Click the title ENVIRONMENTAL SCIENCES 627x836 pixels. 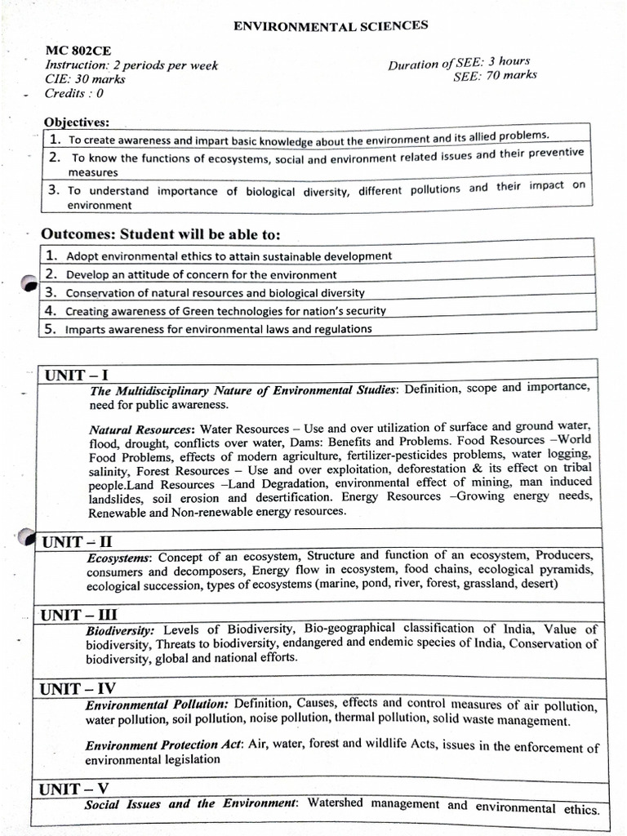(x=331, y=26)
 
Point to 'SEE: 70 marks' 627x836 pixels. (x=496, y=76)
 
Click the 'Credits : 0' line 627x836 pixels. (x=74, y=93)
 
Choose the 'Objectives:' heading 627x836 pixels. (x=77, y=122)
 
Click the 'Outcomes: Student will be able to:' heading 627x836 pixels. (x=161, y=234)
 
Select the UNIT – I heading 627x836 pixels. (x=77, y=375)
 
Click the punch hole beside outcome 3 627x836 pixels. (x=29, y=283)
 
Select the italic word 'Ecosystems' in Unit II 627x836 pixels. (x=118, y=558)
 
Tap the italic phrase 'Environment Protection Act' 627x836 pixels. (x=155, y=745)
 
